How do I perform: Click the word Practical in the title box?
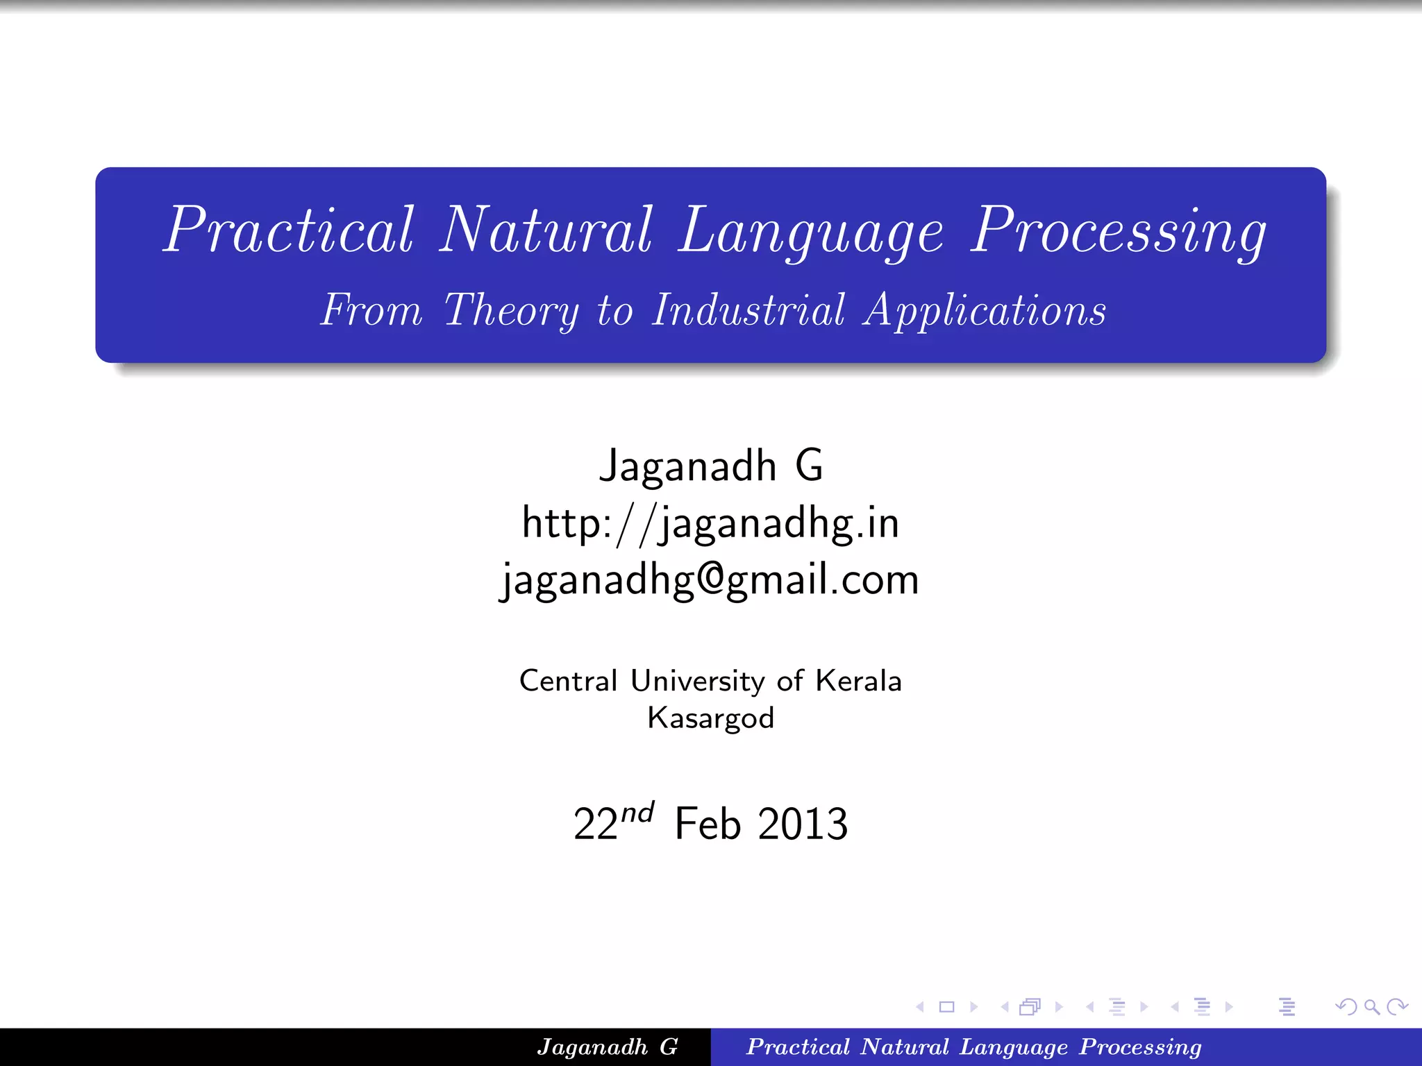289,230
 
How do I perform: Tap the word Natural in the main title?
546,230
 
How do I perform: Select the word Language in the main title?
810,232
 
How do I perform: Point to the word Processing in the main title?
1118,232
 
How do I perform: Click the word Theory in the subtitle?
511,310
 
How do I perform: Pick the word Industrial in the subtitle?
748,310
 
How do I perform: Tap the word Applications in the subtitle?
984,310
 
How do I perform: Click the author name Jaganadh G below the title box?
710,466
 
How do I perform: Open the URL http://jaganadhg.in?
710,523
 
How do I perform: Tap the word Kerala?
858,681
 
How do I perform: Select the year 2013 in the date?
803,824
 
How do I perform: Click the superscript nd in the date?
637,812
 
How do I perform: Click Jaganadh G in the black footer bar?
607,1047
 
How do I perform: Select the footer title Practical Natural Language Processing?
973,1047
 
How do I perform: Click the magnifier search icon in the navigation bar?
1371,1007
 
